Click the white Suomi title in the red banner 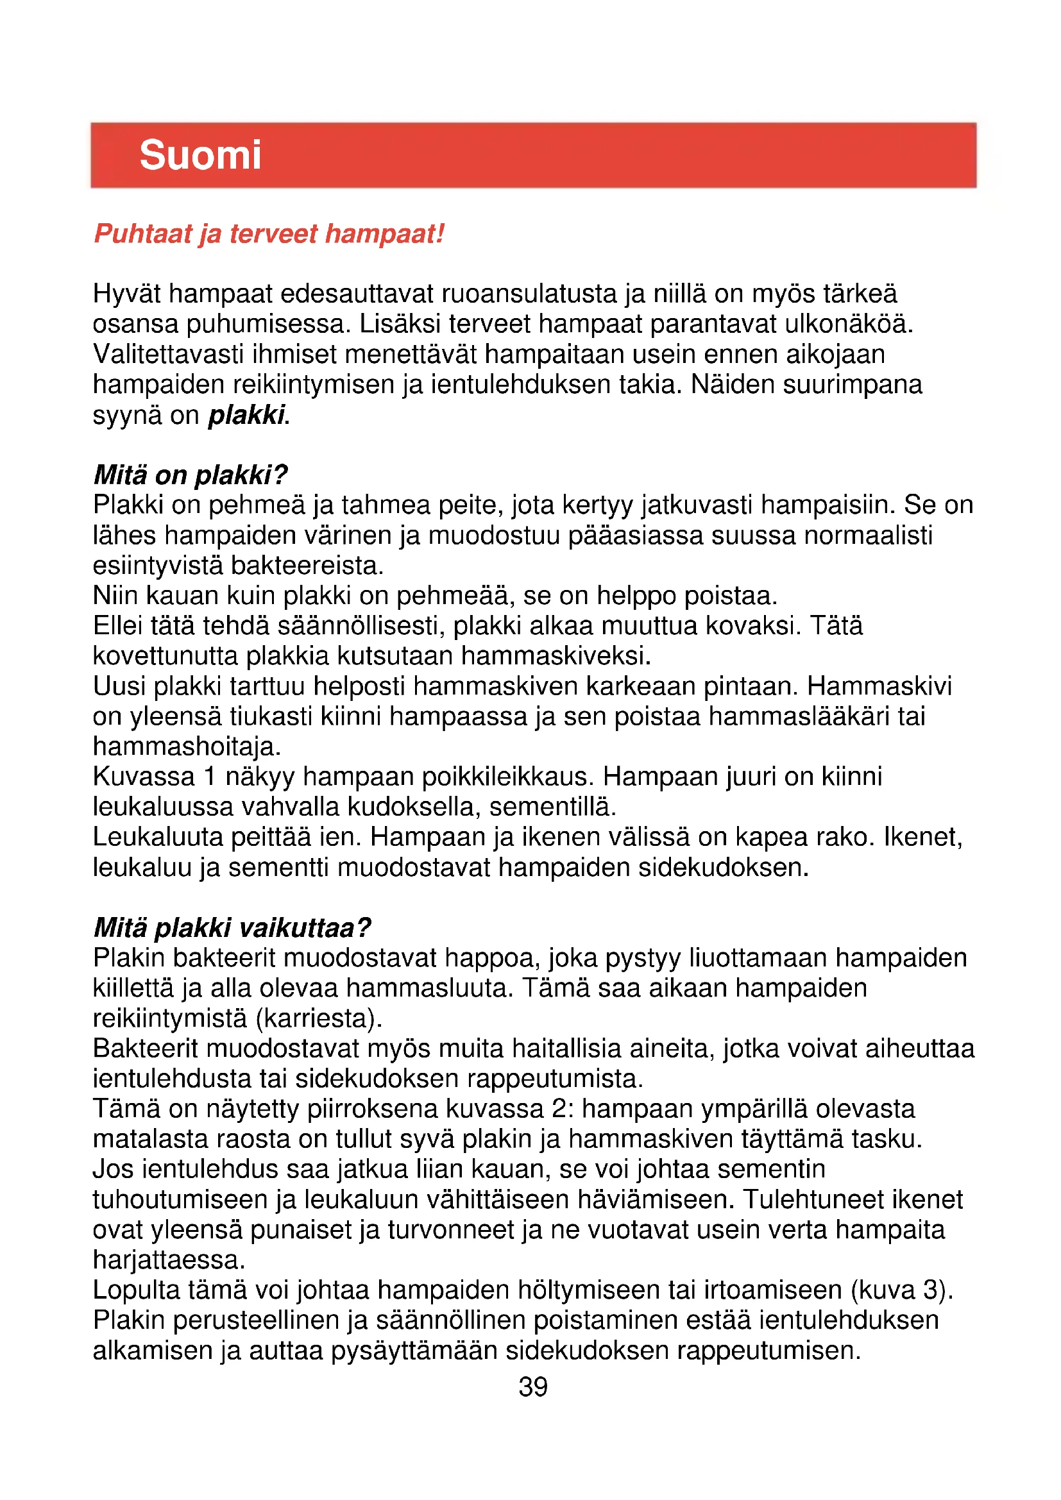[200, 155]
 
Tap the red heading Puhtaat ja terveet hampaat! [269, 234]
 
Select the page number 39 [532, 1386]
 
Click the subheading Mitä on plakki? [190, 475]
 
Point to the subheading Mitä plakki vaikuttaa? [232, 928]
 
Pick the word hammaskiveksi [556, 656]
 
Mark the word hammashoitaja [186, 746]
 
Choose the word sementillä [553, 807]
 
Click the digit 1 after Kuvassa [210, 777]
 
